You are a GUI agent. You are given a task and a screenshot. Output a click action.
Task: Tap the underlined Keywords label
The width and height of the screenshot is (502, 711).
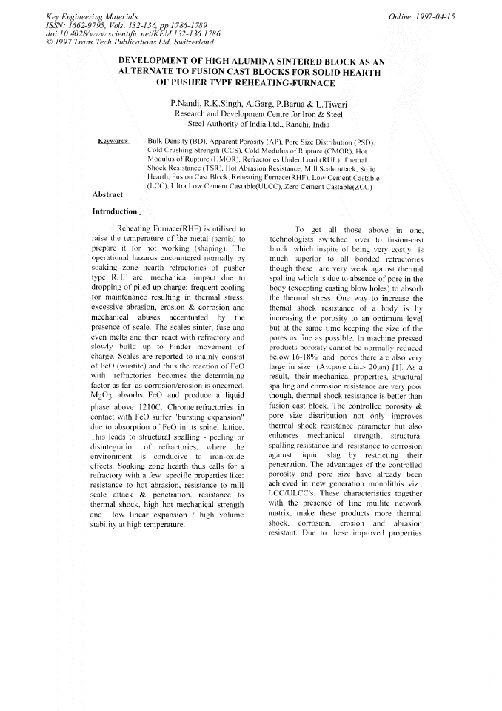115,140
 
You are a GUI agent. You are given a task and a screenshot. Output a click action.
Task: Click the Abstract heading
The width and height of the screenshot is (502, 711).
107,194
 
